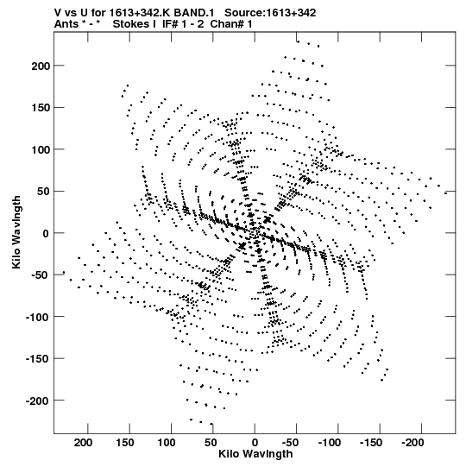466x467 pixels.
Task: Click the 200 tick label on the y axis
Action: click(41, 66)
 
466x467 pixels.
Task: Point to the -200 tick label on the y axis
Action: click(37, 401)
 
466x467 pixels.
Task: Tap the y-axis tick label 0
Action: click(46, 233)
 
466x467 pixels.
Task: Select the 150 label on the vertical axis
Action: click(41, 108)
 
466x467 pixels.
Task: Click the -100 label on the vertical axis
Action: click(37, 317)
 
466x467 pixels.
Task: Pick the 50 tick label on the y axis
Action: click(43, 192)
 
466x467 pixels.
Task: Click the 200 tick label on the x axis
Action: click(83, 443)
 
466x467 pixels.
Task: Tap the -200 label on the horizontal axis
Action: click(412, 443)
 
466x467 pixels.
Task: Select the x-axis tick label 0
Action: click(255, 443)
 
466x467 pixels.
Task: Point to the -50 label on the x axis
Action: click(290, 443)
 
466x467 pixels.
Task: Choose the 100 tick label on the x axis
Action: click(167, 443)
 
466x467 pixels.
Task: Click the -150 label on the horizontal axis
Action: click(371, 443)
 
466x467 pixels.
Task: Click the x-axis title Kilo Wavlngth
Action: click(255, 454)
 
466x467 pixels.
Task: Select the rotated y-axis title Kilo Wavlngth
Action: click(16, 232)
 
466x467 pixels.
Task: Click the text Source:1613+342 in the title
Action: click(270, 13)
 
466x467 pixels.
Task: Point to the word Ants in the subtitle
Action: click(66, 24)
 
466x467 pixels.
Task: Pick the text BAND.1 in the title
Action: click(194, 13)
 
